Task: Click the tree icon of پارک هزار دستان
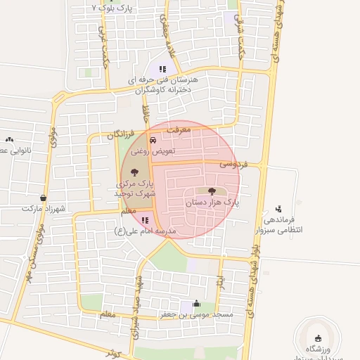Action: coord(212,191)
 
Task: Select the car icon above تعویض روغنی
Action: coord(153,140)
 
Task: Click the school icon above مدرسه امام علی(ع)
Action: coord(145,220)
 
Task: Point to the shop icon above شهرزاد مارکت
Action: coord(44,198)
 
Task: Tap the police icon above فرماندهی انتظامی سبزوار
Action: coord(279,209)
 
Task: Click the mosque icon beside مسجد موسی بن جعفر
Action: coord(196,304)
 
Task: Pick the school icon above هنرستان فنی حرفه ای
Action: coord(162,69)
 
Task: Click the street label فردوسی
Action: coord(233,164)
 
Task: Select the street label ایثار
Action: coord(220,280)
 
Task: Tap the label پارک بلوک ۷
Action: coord(112,8)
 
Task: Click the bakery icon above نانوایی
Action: coord(9,140)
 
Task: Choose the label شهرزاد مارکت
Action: coord(44,209)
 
